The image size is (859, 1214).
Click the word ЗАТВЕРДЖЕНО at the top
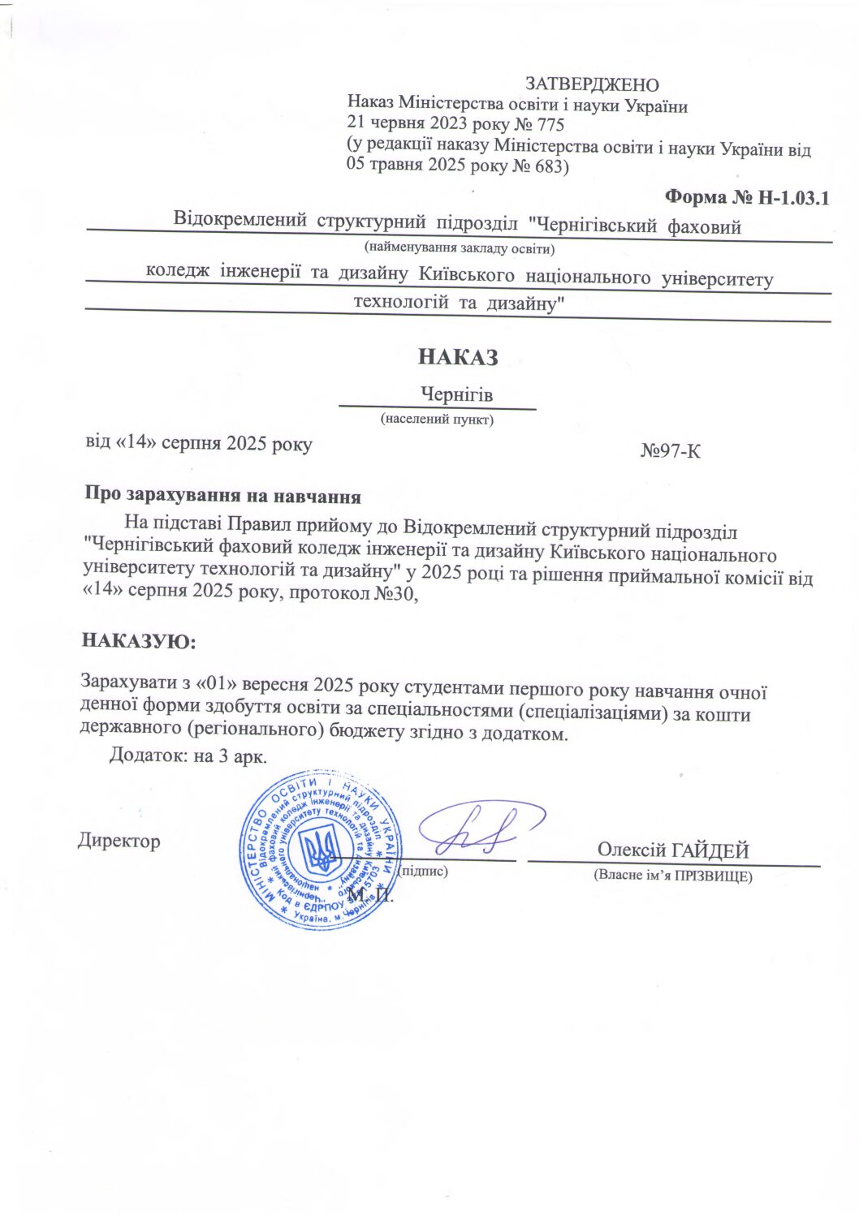click(x=592, y=84)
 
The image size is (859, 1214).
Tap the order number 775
click(x=550, y=125)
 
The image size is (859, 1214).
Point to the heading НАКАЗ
click(x=458, y=357)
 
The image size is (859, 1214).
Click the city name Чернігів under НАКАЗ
click(x=456, y=395)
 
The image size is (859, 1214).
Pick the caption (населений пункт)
click(x=437, y=420)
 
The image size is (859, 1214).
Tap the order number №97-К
click(x=670, y=451)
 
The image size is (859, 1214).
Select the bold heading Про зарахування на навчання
click(x=222, y=496)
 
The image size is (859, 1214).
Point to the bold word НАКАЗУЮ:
click(x=139, y=641)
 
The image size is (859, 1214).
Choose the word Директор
click(x=119, y=842)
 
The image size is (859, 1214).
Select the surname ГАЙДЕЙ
click(x=710, y=850)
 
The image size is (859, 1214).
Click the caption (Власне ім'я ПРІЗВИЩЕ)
click(x=673, y=876)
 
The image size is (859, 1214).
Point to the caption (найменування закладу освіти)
click(x=459, y=248)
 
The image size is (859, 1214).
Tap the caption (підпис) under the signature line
click(x=423, y=872)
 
